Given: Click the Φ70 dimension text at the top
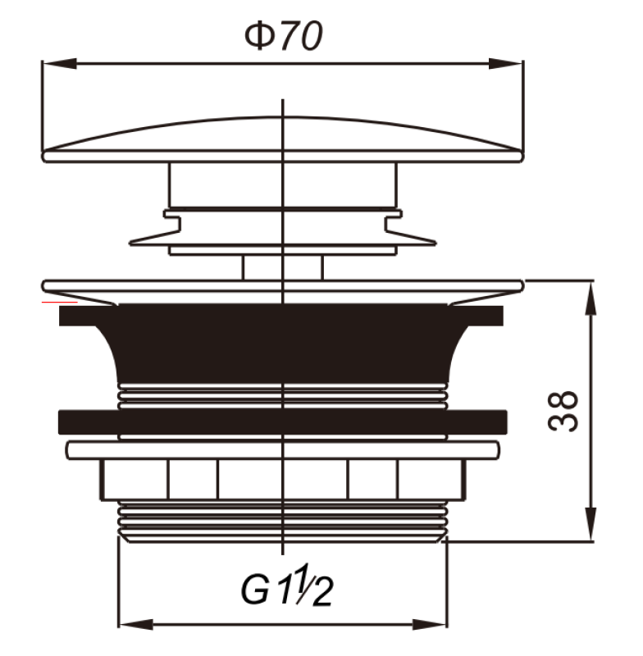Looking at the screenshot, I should coord(283,37).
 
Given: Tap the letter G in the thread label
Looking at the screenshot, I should coord(255,589).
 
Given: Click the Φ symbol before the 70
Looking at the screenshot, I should coord(258,37).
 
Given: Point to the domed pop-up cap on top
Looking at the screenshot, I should coord(282,136).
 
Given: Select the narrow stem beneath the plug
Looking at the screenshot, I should coord(282,267).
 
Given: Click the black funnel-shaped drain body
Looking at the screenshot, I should coord(282,344).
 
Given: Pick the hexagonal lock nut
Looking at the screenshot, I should coord(282,480).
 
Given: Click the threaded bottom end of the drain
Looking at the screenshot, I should coord(282,521).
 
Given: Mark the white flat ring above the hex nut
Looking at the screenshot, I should coord(282,450).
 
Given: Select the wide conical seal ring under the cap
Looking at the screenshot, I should coord(282,237).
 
